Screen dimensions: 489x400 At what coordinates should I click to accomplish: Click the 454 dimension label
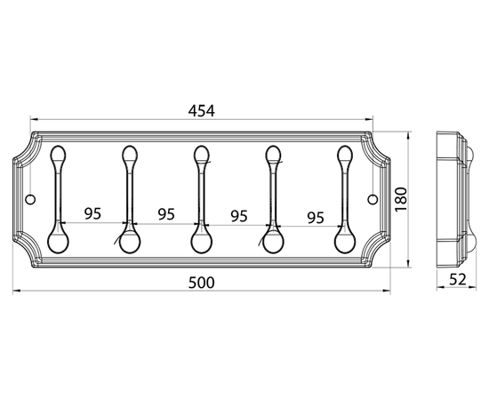coord(202,111)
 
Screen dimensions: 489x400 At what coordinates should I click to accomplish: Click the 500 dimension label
coord(202,283)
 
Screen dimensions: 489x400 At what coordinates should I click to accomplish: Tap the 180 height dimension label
coord(401,199)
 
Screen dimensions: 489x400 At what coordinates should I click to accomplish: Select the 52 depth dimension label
coord(458,279)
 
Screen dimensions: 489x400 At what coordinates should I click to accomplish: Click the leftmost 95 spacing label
coord(93,213)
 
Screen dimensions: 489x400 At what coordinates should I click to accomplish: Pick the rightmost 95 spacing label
coord(316,218)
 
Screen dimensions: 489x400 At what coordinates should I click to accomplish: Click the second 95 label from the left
coord(166,214)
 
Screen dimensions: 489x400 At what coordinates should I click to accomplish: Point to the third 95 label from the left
coord(239,216)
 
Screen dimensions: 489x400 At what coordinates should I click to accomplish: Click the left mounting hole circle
coord(30,199)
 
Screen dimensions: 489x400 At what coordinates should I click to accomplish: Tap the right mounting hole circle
coord(373,199)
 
